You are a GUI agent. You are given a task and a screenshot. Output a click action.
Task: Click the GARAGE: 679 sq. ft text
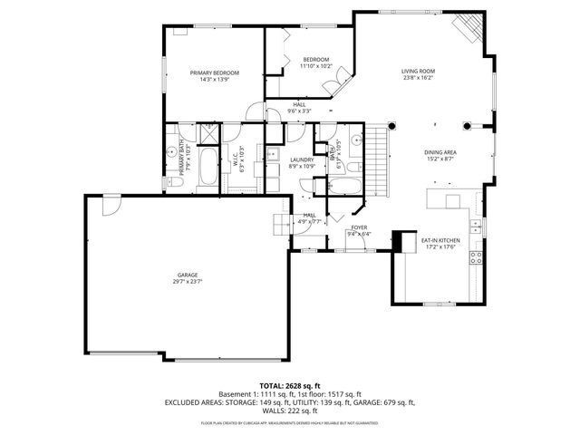[x=384, y=402]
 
